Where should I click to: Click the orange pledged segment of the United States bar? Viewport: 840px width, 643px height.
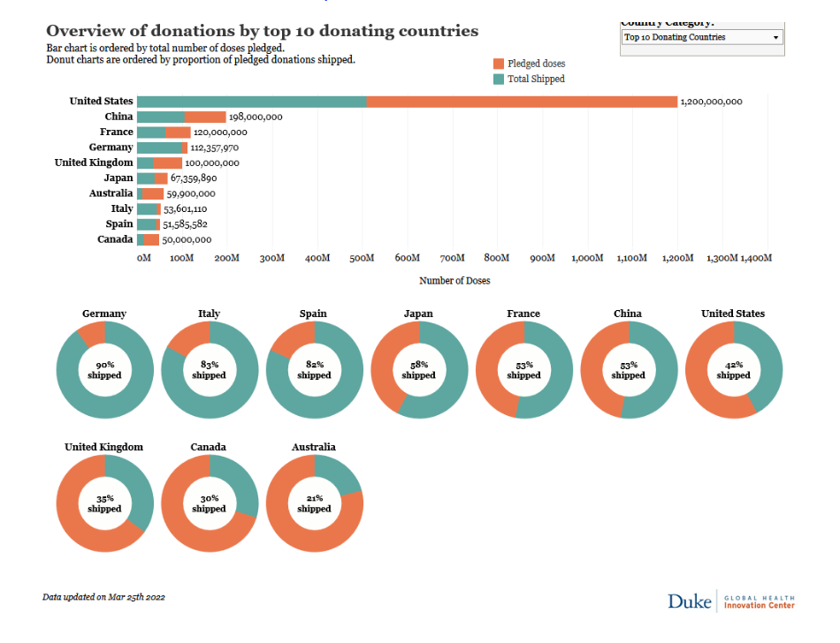[x=522, y=102]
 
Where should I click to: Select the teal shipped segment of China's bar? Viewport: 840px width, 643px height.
[x=160, y=117]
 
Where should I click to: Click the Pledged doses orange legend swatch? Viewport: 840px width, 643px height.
[x=499, y=64]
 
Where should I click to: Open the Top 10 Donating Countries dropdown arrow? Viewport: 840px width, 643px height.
[x=775, y=37]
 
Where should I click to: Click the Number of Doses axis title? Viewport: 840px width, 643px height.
[x=454, y=281]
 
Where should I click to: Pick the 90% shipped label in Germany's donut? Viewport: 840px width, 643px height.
[x=104, y=369]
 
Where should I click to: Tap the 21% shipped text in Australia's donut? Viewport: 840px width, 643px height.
[x=314, y=503]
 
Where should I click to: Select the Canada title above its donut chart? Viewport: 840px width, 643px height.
[x=209, y=447]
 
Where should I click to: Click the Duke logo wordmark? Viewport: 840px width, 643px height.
[x=690, y=601]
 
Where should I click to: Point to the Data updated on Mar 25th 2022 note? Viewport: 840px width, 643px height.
[x=103, y=597]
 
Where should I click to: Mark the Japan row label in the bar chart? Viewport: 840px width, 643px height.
[x=118, y=178]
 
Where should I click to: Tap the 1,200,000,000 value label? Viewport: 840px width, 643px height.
[x=711, y=102]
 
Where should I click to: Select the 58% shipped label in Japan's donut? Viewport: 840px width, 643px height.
[x=418, y=369]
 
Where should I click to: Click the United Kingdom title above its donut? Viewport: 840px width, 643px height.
[x=103, y=447]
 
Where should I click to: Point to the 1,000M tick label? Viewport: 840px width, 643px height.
[x=587, y=258]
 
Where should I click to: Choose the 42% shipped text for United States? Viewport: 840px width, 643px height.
[x=733, y=369]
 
